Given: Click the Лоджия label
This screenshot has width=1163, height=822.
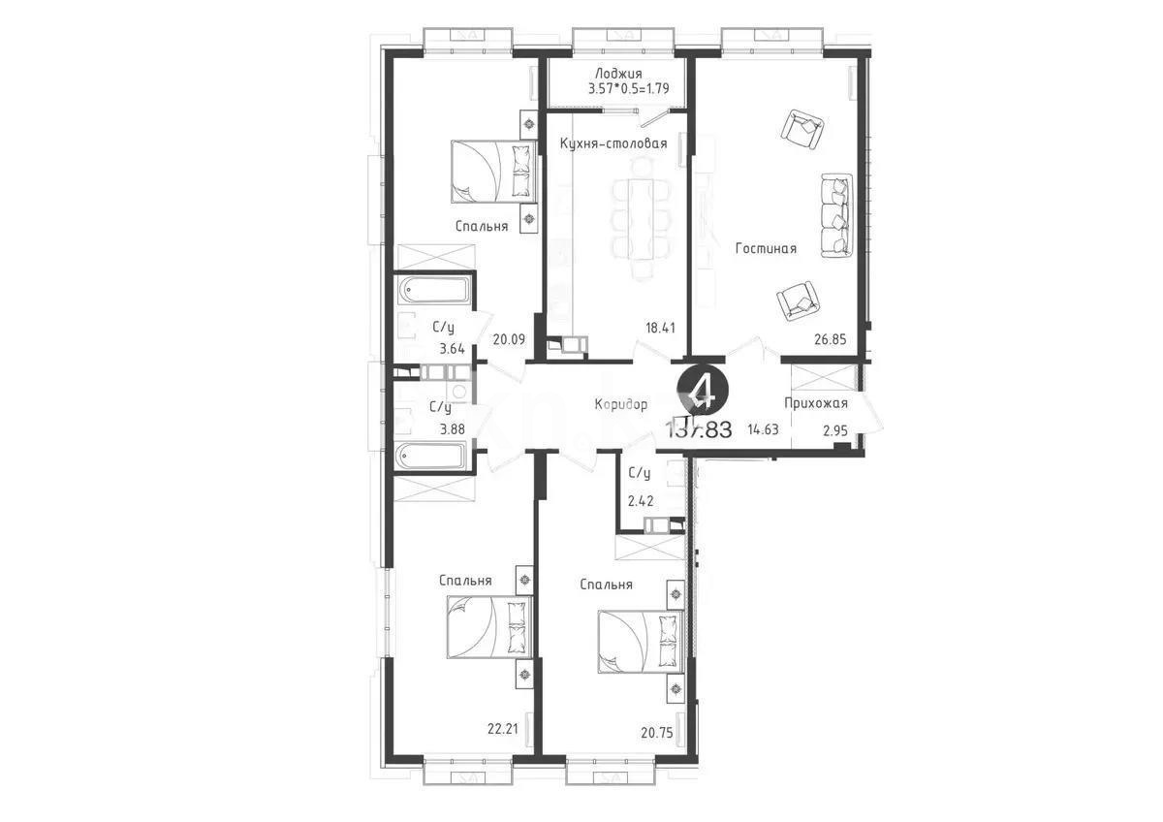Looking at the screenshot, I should (616, 74).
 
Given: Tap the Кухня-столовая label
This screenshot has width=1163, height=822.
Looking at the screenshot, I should (613, 143).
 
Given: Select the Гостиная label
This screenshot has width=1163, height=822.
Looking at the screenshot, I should (766, 249).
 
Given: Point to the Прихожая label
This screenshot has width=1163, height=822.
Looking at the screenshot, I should (816, 404).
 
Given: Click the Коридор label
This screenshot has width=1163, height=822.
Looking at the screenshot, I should (621, 405).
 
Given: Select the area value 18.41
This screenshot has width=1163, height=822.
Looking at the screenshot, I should (660, 328).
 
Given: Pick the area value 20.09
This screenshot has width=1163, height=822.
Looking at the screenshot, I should (508, 339).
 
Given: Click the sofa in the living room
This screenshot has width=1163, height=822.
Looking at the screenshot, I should (836, 215).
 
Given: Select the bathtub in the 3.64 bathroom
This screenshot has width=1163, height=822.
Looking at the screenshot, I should (435, 291).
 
